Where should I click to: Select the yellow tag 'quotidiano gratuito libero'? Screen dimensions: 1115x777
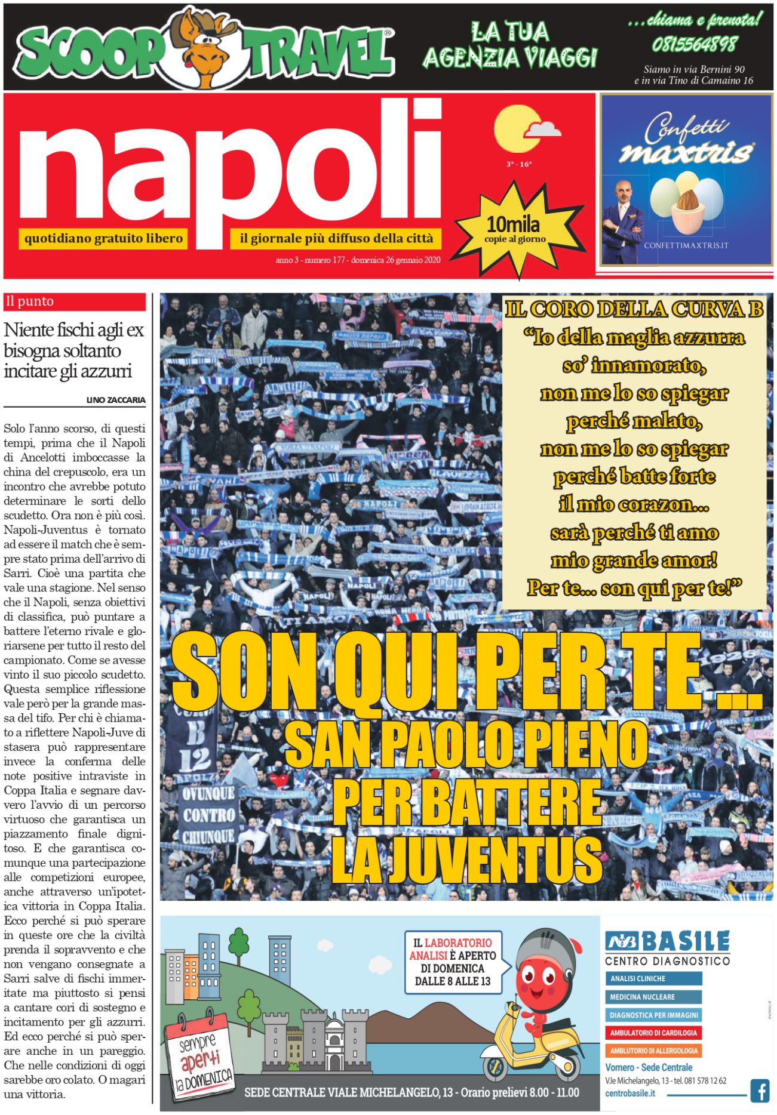pos(103,239)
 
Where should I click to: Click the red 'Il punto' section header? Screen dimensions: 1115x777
pos(75,301)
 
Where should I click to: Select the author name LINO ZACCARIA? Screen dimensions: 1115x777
pos(116,400)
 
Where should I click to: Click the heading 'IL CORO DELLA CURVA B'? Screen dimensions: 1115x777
pos(634,309)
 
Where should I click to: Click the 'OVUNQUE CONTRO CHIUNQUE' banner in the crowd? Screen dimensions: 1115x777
pos(208,815)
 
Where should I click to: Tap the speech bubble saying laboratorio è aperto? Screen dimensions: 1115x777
pos(453,962)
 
